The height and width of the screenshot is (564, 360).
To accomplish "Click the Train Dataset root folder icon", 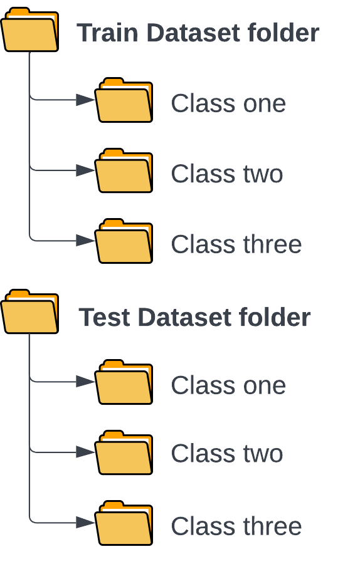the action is [x=30, y=29].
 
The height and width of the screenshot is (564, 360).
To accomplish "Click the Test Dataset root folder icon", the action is [x=30, y=311].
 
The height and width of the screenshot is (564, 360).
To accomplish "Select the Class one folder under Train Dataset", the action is [x=124, y=100].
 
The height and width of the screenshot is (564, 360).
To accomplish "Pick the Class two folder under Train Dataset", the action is [x=124, y=170].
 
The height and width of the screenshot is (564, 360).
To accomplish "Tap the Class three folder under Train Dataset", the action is [x=124, y=241].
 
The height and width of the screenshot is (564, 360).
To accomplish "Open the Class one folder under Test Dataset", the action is [x=124, y=382].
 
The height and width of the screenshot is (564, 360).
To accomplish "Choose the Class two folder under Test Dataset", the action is [x=124, y=452].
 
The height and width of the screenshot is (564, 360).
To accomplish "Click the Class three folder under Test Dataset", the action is [x=124, y=523].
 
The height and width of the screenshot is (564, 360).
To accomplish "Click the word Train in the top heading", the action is [x=108, y=33].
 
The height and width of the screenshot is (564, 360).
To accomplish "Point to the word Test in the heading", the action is [x=104, y=317].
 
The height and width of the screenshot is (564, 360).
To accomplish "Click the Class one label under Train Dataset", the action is [x=228, y=103].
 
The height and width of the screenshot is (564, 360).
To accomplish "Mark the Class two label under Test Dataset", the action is [x=227, y=453].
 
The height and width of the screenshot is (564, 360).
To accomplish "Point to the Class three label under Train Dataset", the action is [x=236, y=244].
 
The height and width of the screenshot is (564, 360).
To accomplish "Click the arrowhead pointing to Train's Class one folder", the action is [x=85, y=100].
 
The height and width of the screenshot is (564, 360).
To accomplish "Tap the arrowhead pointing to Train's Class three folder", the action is [x=85, y=241].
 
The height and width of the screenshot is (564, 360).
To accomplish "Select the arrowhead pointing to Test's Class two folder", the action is [x=85, y=452].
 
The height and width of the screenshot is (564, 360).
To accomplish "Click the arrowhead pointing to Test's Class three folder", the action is [x=85, y=523].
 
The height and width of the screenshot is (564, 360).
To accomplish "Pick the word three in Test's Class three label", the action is [x=273, y=526].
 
